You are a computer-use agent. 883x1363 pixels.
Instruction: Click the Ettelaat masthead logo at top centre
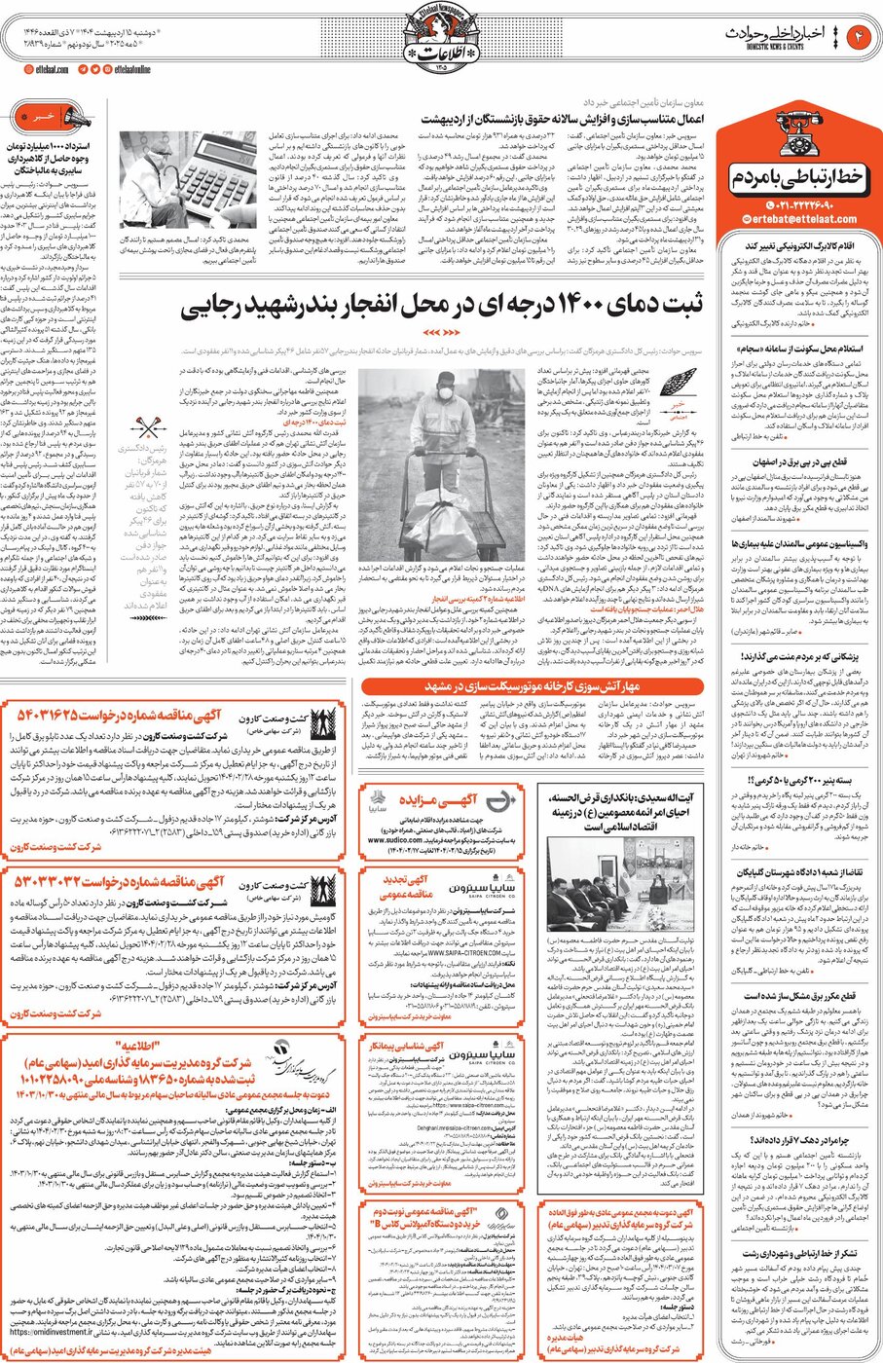click(442, 39)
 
